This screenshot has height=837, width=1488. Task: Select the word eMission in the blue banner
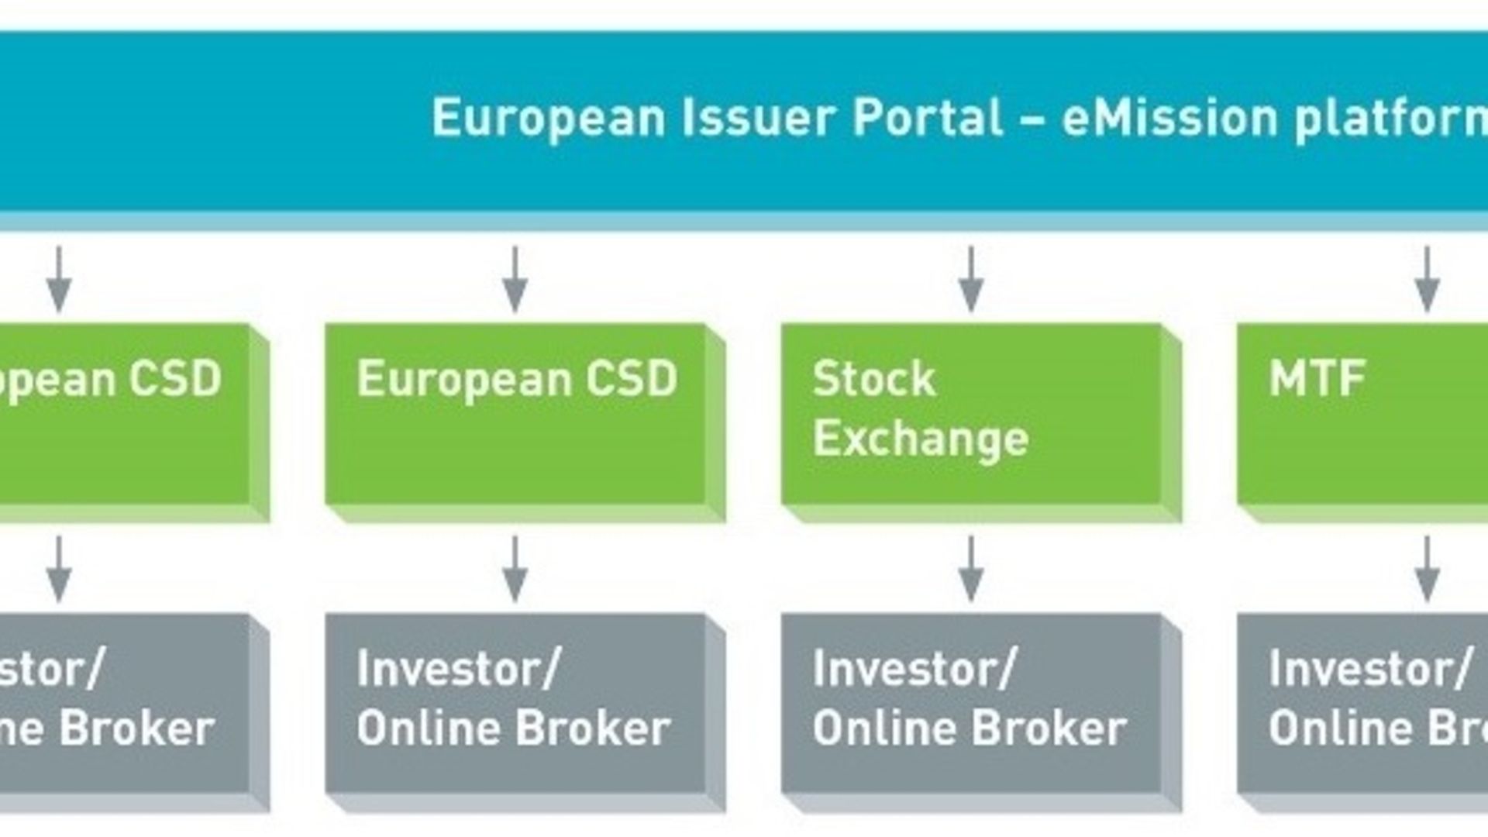click(x=1169, y=118)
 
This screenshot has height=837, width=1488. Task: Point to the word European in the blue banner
click(x=548, y=119)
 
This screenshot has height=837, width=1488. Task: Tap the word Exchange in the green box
click(x=921, y=439)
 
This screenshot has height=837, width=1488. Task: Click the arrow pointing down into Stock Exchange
click(x=971, y=279)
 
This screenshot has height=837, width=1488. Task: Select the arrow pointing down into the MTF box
click(x=1427, y=279)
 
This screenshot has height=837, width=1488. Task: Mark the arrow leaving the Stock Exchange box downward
click(x=971, y=569)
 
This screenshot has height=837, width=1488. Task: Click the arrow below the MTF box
click(x=1427, y=569)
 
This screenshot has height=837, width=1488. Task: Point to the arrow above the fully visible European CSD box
click(x=515, y=279)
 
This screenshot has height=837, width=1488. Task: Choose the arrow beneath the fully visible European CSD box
click(x=515, y=569)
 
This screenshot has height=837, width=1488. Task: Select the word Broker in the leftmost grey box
click(x=137, y=728)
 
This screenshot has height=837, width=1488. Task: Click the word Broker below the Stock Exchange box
click(x=1049, y=728)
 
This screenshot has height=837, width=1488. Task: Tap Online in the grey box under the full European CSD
click(x=430, y=728)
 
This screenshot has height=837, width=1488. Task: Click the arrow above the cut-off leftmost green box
click(x=59, y=279)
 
